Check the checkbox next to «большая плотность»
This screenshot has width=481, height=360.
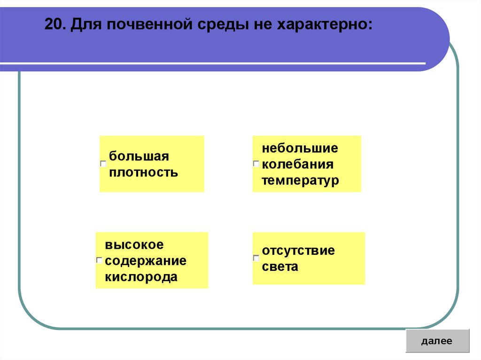click(103, 164)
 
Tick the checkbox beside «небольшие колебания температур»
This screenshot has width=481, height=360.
click(256, 164)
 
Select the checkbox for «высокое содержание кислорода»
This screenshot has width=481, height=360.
click(100, 260)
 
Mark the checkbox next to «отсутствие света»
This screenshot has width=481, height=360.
click(256, 258)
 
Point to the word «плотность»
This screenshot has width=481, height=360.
click(143, 172)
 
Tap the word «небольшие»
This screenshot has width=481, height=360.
click(300, 148)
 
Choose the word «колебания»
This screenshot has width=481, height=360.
click(297, 165)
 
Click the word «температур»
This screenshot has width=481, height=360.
click(300, 181)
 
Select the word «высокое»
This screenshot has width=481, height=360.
click(134, 245)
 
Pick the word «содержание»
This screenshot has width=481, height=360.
click(146, 260)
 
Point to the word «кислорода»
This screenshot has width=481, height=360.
click(141, 276)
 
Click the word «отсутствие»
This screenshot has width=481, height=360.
click(298, 250)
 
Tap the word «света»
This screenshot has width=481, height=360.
click(280, 267)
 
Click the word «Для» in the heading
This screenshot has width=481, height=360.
click(84, 24)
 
